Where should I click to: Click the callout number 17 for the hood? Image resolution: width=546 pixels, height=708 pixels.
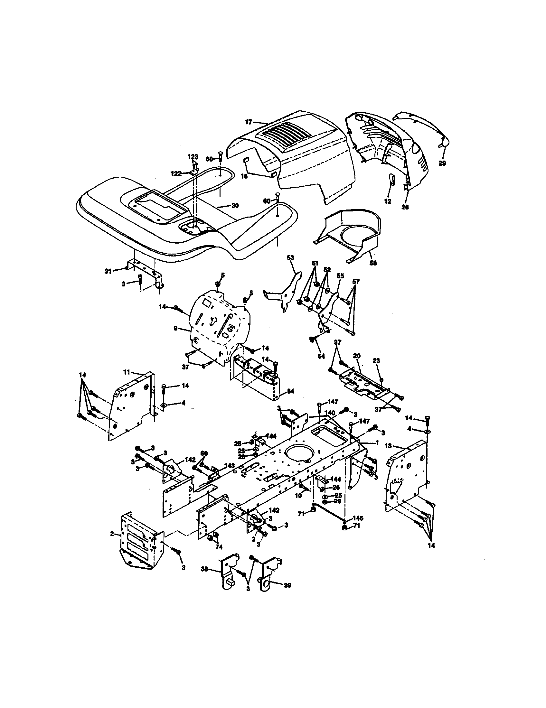[x=248, y=123]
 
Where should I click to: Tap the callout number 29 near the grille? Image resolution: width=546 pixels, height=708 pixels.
[x=442, y=163]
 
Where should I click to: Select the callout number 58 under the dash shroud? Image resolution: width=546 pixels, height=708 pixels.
[x=373, y=263]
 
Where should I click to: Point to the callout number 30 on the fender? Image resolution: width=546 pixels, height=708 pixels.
[x=235, y=206]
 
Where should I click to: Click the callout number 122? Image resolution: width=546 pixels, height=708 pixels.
[x=176, y=173]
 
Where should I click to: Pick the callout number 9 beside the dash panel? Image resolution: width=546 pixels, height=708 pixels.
[x=175, y=328]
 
